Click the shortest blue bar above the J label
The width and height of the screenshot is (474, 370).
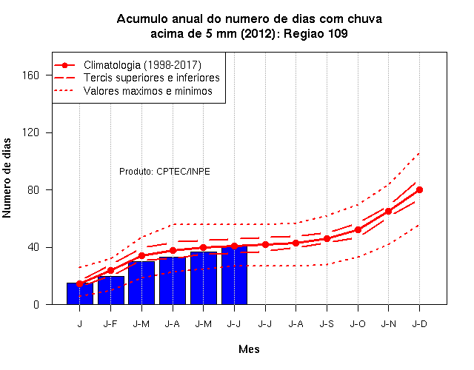pyautogui.click(x=80, y=294)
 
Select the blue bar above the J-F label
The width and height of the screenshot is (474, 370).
pyautogui.click(x=111, y=290)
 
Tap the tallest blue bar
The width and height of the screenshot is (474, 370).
pyautogui.click(x=234, y=275)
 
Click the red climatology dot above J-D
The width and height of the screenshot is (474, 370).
pyautogui.click(x=419, y=189)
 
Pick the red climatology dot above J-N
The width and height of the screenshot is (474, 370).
pyautogui.click(x=388, y=211)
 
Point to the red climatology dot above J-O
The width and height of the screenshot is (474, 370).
pyautogui.click(x=358, y=230)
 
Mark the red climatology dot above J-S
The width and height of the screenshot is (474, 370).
pyautogui.click(x=327, y=238)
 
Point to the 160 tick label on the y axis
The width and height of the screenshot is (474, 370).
pyautogui.click(x=30, y=75)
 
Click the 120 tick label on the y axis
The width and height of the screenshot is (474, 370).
pyautogui.click(x=30, y=132)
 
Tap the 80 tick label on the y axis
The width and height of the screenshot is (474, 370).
pyautogui.click(x=33, y=189)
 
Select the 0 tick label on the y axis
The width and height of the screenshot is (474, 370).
pyautogui.click(x=36, y=304)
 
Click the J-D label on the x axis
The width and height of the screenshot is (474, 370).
pyautogui.click(x=420, y=324)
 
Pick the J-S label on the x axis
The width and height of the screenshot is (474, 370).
pyautogui.click(x=327, y=324)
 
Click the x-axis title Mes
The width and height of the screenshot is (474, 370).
pyautogui.click(x=249, y=349)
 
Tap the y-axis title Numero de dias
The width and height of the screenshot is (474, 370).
pyautogui.click(x=7, y=178)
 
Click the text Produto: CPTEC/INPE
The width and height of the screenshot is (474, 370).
pyautogui.click(x=164, y=172)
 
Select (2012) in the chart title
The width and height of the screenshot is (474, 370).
pyautogui.click(x=258, y=33)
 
